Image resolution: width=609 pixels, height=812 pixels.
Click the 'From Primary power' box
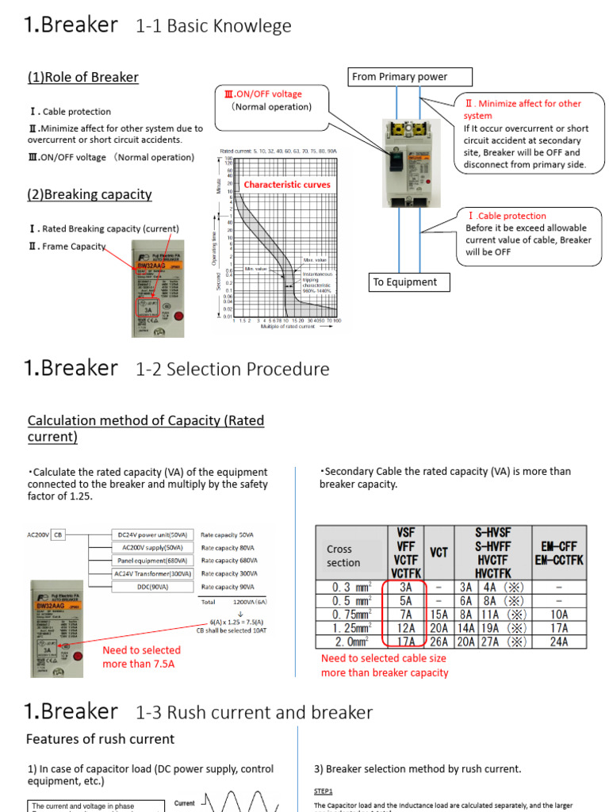click(411, 77)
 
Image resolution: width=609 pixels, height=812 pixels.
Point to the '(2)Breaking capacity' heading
click(90, 194)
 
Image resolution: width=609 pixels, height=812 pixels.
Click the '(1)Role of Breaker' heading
click(83, 77)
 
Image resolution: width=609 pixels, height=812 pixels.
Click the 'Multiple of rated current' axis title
click(284, 326)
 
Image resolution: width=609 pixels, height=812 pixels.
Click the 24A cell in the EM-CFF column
click(558, 642)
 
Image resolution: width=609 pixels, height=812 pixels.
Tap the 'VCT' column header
click(439, 552)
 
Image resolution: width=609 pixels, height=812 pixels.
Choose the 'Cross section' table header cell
click(348, 556)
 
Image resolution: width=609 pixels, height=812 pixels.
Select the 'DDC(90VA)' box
click(151, 587)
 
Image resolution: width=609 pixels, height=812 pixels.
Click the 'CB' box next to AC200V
click(58, 535)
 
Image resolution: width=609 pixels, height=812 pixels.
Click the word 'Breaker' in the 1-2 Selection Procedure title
click(79, 368)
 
